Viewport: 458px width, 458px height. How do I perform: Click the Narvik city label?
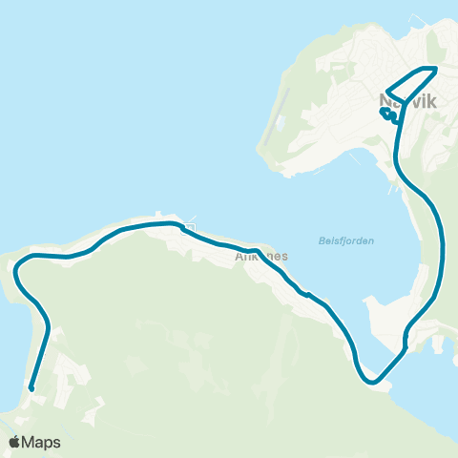click(406, 98)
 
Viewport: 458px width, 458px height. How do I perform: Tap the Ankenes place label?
click(260, 256)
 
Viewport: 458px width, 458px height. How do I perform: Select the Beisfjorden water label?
click(344, 240)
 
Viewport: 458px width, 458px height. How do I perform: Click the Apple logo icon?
click(16, 442)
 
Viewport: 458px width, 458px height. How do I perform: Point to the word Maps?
click(43, 442)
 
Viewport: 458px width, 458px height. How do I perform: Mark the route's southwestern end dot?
click(31, 388)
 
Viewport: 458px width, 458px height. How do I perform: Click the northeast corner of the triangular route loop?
click(436, 69)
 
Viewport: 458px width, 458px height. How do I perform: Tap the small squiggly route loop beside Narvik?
click(388, 116)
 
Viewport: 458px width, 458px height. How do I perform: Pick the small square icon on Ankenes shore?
click(191, 227)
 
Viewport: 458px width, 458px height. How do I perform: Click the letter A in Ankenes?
click(239, 256)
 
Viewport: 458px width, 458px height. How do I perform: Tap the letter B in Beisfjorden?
click(318, 240)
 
